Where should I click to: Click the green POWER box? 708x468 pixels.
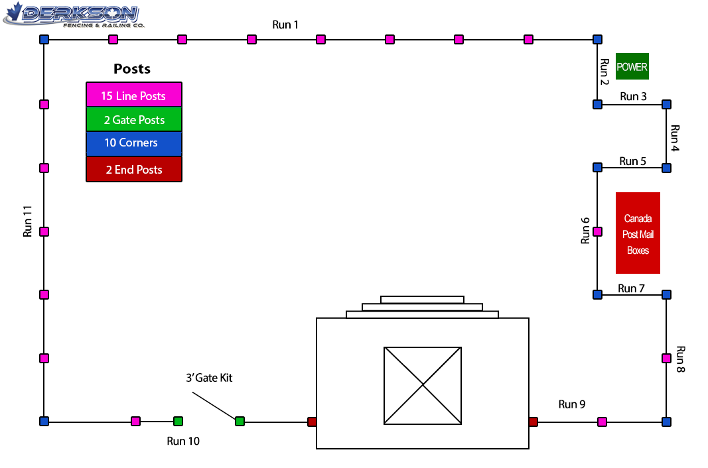click(632, 66)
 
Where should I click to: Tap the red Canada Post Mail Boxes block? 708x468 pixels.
click(638, 233)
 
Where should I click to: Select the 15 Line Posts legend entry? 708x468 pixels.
click(133, 95)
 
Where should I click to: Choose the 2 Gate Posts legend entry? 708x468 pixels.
click(133, 119)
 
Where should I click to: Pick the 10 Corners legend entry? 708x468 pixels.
click(133, 143)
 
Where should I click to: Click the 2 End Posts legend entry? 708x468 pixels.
click(133, 169)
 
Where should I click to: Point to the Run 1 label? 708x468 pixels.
click(285, 25)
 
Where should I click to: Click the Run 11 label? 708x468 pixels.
click(28, 221)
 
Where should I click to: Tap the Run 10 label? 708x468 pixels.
click(183, 441)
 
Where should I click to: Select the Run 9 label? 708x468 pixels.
click(571, 404)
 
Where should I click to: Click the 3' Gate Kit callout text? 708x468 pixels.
click(209, 378)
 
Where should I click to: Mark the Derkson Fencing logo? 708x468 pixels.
click(73, 15)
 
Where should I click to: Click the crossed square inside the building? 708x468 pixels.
click(423, 385)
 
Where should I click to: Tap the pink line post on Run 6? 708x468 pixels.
click(597, 231)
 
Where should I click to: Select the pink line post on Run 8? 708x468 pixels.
click(666, 358)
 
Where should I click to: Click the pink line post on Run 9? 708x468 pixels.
click(602, 422)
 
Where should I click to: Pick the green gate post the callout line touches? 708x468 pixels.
click(240, 421)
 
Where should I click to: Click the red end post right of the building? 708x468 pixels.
click(533, 422)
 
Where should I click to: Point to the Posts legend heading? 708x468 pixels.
click(132, 68)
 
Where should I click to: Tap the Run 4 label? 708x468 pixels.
click(675, 138)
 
